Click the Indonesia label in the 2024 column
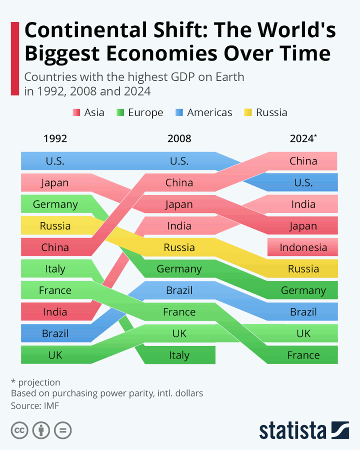(303, 247)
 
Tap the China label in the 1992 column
(55, 247)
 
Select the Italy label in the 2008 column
(179, 355)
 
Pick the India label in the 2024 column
(303, 204)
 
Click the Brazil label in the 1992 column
(55, 333)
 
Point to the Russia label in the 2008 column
(179, 247)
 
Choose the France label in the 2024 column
(303, 355)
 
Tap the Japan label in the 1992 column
(55, 183)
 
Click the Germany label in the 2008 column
(179, 269)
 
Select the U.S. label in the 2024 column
(303, 183)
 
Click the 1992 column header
(55, 139)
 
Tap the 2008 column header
(179, 139)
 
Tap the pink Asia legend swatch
(76, 112)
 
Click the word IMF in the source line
(51, 405)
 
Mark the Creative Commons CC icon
(19, 430)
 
